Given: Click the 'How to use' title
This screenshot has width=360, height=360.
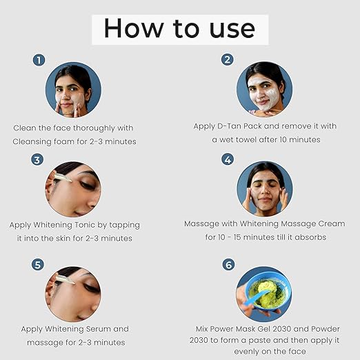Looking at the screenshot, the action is point(180,28).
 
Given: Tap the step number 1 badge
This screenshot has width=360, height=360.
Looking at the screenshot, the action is point(39,60).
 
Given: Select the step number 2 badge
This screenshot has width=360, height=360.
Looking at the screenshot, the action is point(227,59).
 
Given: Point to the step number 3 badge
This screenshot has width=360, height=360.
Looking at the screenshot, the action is point(37,159).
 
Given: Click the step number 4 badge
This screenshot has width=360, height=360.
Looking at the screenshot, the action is point(228,159).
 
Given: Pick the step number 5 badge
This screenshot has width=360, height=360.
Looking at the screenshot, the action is point(38,264).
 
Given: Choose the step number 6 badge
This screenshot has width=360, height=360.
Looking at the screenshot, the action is point(228,265).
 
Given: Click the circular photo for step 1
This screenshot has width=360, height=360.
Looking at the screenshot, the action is point(73,90).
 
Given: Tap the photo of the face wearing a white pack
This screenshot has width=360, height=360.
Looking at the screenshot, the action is point(265,89).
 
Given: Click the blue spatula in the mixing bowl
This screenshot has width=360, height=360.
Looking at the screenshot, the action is point(257,297).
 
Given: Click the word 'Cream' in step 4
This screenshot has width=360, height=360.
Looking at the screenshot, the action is point(332,223).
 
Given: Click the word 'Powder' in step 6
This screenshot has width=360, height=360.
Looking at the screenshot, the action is point(326,329).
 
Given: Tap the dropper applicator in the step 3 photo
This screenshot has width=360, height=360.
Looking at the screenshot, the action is point(62,177).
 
